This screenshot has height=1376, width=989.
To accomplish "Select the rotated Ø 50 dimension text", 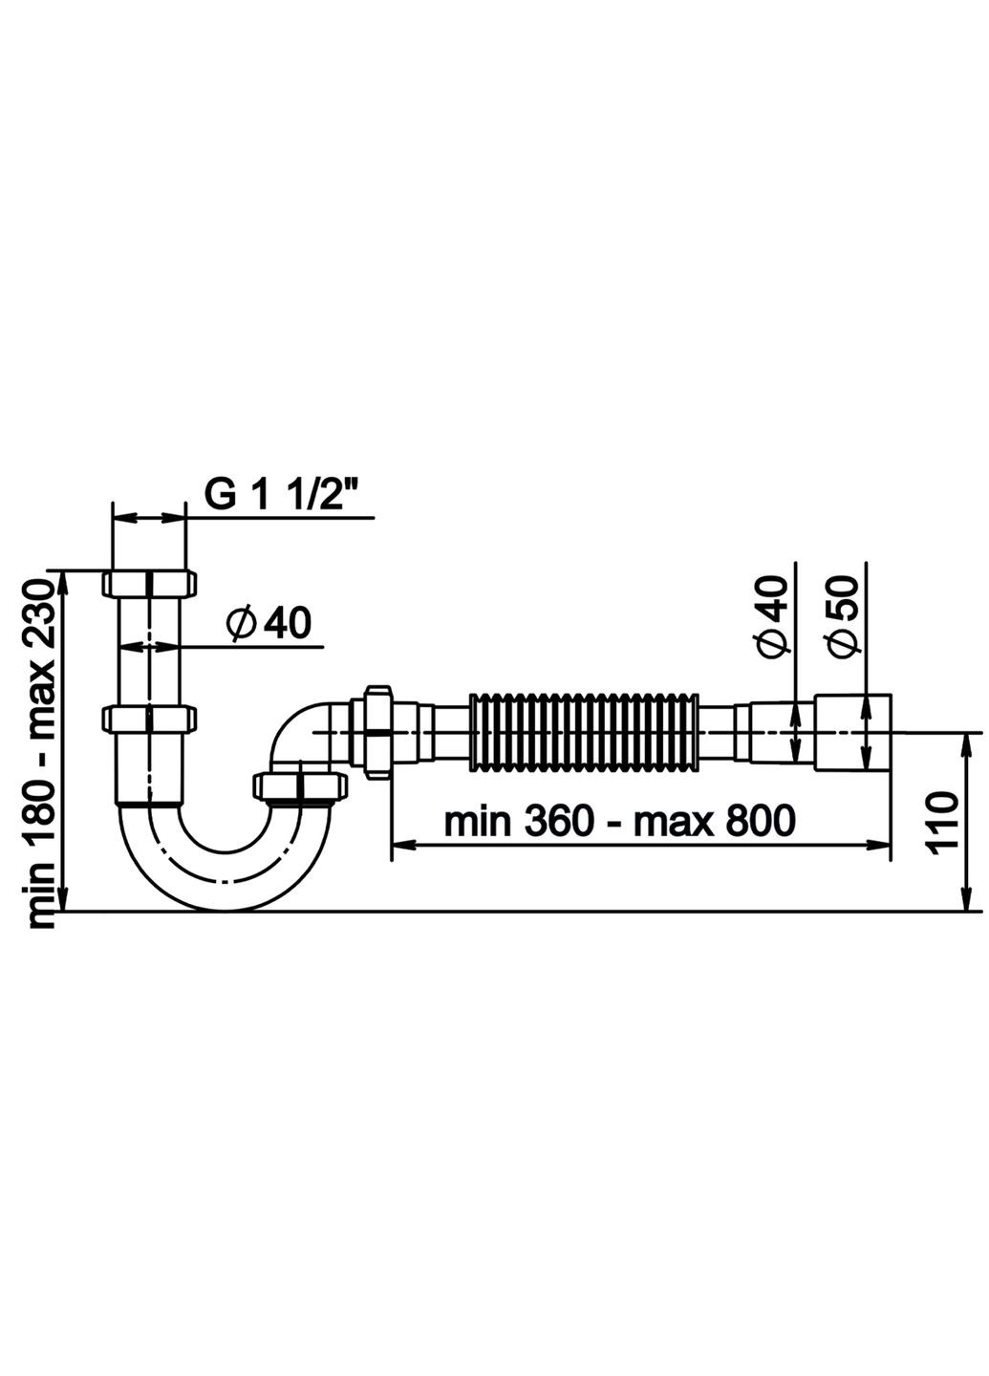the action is (841, 617).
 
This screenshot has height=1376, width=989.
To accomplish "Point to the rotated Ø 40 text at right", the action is (772, 617).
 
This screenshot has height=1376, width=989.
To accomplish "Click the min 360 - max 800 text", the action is (620, 820).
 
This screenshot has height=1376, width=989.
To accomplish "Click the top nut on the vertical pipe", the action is (149, 582).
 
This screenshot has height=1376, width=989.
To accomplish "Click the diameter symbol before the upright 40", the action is (240, 624).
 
